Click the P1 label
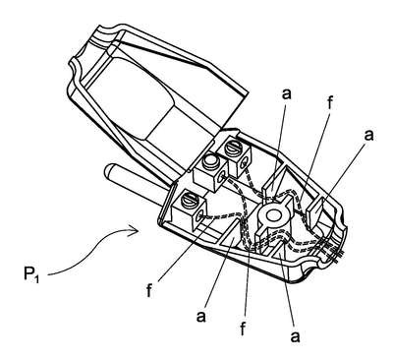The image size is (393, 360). pyautogui.click(x=31, y=274)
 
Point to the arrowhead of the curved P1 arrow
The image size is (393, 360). pyautogui.click(x=135, y=231)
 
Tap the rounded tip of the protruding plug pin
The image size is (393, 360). pyautogui.click(x=109, y=170)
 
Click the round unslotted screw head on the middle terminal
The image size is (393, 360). pyautogui.click(x=211, y=161)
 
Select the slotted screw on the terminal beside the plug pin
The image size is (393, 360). pyautogui.click(x=191, y=200)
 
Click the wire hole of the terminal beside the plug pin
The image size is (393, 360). pyautogui.click(x=199, y=216)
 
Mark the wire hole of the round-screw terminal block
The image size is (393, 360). pyautogui.click(x=223, y=176)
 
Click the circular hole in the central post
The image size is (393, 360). pyautogui.click(x=272, y=215)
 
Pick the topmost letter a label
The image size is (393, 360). pyautogui.click(x=286, y=94)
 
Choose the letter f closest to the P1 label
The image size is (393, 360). pyautogui.click(x=149, y=289)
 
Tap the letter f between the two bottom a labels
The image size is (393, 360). pyautogui.click(x=243, y=328)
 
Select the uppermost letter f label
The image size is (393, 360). pyautogui.click(x=330, y=103)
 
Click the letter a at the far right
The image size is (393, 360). pyautogui.click(x=368, y=135)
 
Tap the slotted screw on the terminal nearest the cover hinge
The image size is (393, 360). pyautogui.click(x=233, y=146)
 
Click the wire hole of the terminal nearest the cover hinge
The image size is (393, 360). pyautogui.click(x=245, y=162)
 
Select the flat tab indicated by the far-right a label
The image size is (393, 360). pyautogui.click(x=316, y=210)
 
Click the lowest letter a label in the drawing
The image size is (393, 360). pyautogui.click(x=296, y=336)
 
